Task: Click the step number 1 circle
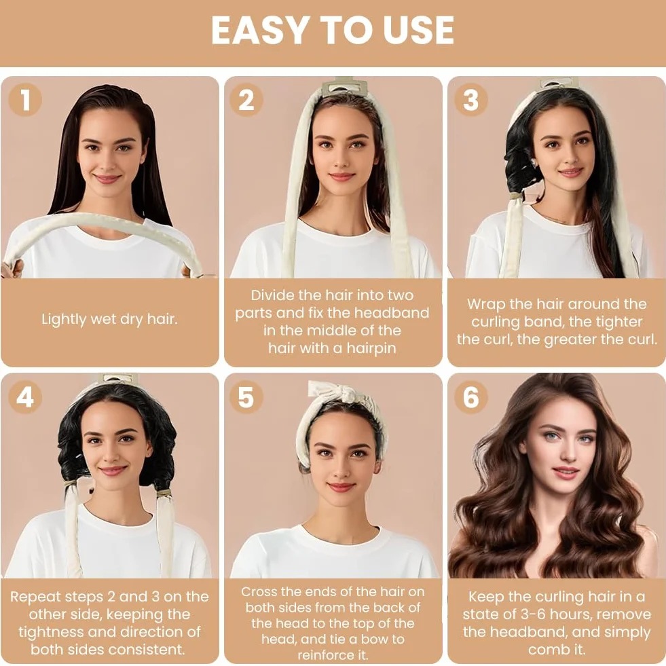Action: [26, 99]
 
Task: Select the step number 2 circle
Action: [246, 99]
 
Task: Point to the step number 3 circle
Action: [470, 99]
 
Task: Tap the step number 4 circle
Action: [26, 397]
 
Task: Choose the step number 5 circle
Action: [246, 397]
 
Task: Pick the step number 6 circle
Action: [470, 397]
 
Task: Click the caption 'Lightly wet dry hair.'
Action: [109, 319]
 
